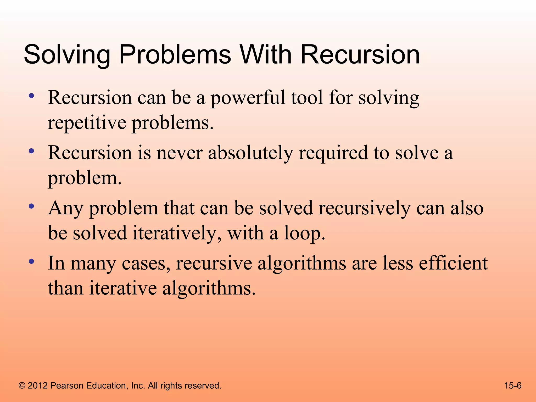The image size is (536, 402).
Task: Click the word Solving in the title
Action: tap(67, 55)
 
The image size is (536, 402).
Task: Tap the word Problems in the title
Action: tap(175, 55)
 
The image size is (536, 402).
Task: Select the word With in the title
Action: tap(266, 55)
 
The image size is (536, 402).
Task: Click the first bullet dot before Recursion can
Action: tap(32, 96)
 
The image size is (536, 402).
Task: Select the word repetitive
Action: tap(87, 123)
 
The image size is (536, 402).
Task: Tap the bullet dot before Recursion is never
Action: tap(32, 151)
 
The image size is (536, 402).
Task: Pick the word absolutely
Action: tap(250, 153)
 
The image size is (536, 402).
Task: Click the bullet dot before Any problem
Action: tap(32, 206)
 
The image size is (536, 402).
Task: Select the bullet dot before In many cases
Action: tap(32, 261)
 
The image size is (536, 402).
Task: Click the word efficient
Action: tap(453, 263)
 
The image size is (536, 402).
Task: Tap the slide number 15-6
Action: tap(513, 386)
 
